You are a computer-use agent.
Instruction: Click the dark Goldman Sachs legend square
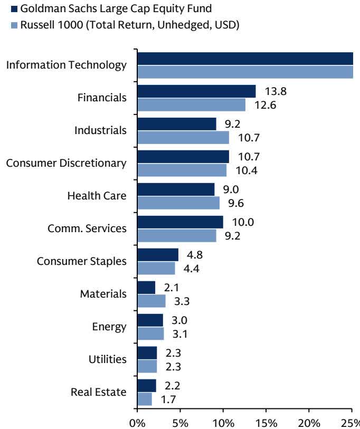pos(14,9)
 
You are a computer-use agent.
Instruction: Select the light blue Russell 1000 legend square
pos(14,25)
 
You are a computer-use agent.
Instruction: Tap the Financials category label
pos(102,98)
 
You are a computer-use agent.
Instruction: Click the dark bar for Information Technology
pos(245,59)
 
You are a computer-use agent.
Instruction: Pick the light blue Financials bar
pos(192,105)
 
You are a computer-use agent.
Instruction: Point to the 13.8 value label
pos(276,91)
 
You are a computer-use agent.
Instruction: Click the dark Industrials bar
pos(177,124)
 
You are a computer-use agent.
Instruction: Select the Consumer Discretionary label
pos(67,163)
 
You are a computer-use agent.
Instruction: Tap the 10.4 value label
pos(247,170)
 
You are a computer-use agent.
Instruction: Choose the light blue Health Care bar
pos(178,203)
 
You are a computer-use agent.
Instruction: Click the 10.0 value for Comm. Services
pos(243,222)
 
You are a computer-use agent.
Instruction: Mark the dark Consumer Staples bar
pos(158,255)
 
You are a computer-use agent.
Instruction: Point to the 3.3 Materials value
pos(182,301)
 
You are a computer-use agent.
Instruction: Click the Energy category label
pos(109,327)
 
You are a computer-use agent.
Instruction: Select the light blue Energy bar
pos(150,333)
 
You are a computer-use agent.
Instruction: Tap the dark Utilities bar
pos(147,353)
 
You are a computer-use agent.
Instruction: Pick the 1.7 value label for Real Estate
pos(168,400)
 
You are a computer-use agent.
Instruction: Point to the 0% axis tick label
pos(137,423)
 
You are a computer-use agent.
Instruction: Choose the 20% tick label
pos(308,423)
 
